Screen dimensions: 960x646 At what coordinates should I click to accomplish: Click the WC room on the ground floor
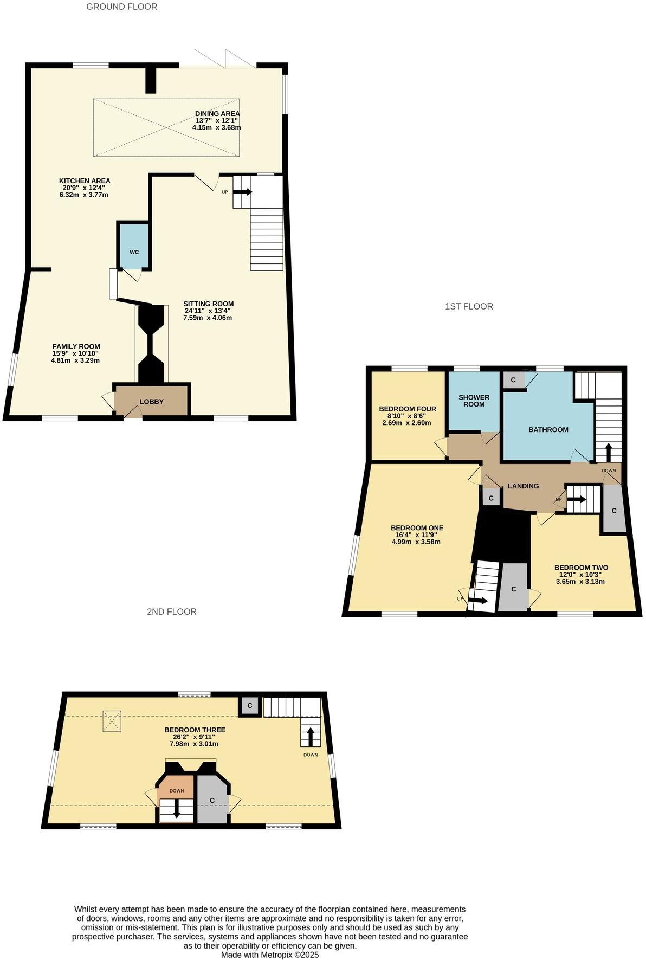pyautogui.click(x=134, y=252)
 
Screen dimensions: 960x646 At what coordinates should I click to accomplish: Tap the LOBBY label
pyautogui.click(x=151, y=402)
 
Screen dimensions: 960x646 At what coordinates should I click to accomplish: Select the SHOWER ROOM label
pyautogui.click(x=474, y=401)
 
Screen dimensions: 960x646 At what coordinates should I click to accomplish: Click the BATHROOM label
pyautogui.click(x=548, y=430)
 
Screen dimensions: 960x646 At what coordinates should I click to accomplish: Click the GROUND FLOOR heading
pyautogui.click(x=122, y=7)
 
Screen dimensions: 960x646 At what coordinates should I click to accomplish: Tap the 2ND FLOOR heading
pyautogui.click(x=171, y=611)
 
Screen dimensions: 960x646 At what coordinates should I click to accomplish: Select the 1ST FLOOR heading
pyautogui.click(x=469, y=307)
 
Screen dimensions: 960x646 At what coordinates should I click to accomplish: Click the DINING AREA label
pyautogui.click(x=217, y=114)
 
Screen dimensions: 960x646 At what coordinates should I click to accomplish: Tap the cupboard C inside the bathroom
pyautogui.click(x=513, y=380)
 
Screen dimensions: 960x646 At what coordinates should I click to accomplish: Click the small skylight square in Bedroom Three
pyautogui.click(x=113, y=721)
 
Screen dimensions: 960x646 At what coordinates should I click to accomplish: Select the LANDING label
pyautogui.click(x=523, y=486)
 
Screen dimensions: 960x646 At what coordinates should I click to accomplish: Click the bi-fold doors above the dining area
pyautogui.click(x=225, y=59)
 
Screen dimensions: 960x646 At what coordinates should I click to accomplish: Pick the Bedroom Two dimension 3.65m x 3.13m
pyautogui.click(x=580, y=582)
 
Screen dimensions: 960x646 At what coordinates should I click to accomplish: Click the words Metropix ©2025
pyautogui.click(x=292, y=955)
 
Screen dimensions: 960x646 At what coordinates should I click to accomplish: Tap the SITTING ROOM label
pyautogui.click(x=208, y=304)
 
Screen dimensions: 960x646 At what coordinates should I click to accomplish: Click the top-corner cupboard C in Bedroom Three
pyautogui.click(x=250, y=706)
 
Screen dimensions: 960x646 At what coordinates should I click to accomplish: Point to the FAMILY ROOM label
pyautogui.click(x=76, y=346)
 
